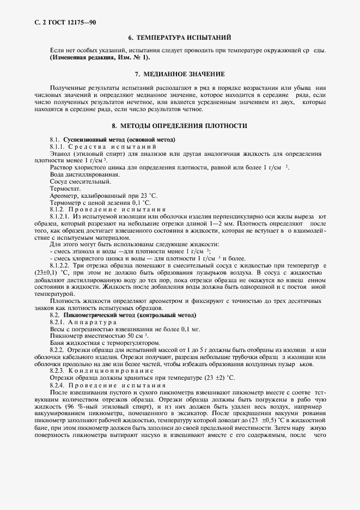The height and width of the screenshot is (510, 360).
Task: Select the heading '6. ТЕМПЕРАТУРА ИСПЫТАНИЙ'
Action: click(179, 38)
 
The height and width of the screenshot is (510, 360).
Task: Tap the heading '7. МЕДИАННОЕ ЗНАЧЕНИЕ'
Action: click(179, 73)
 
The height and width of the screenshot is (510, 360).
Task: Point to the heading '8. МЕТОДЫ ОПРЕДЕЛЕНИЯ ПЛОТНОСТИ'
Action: click(179, 125)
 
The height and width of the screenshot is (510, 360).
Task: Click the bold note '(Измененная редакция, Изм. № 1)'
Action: click(100, 57)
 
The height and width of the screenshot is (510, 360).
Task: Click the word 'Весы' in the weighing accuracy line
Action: click(58, 329)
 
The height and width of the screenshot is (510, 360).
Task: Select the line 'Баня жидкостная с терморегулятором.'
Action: click(105, 343)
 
